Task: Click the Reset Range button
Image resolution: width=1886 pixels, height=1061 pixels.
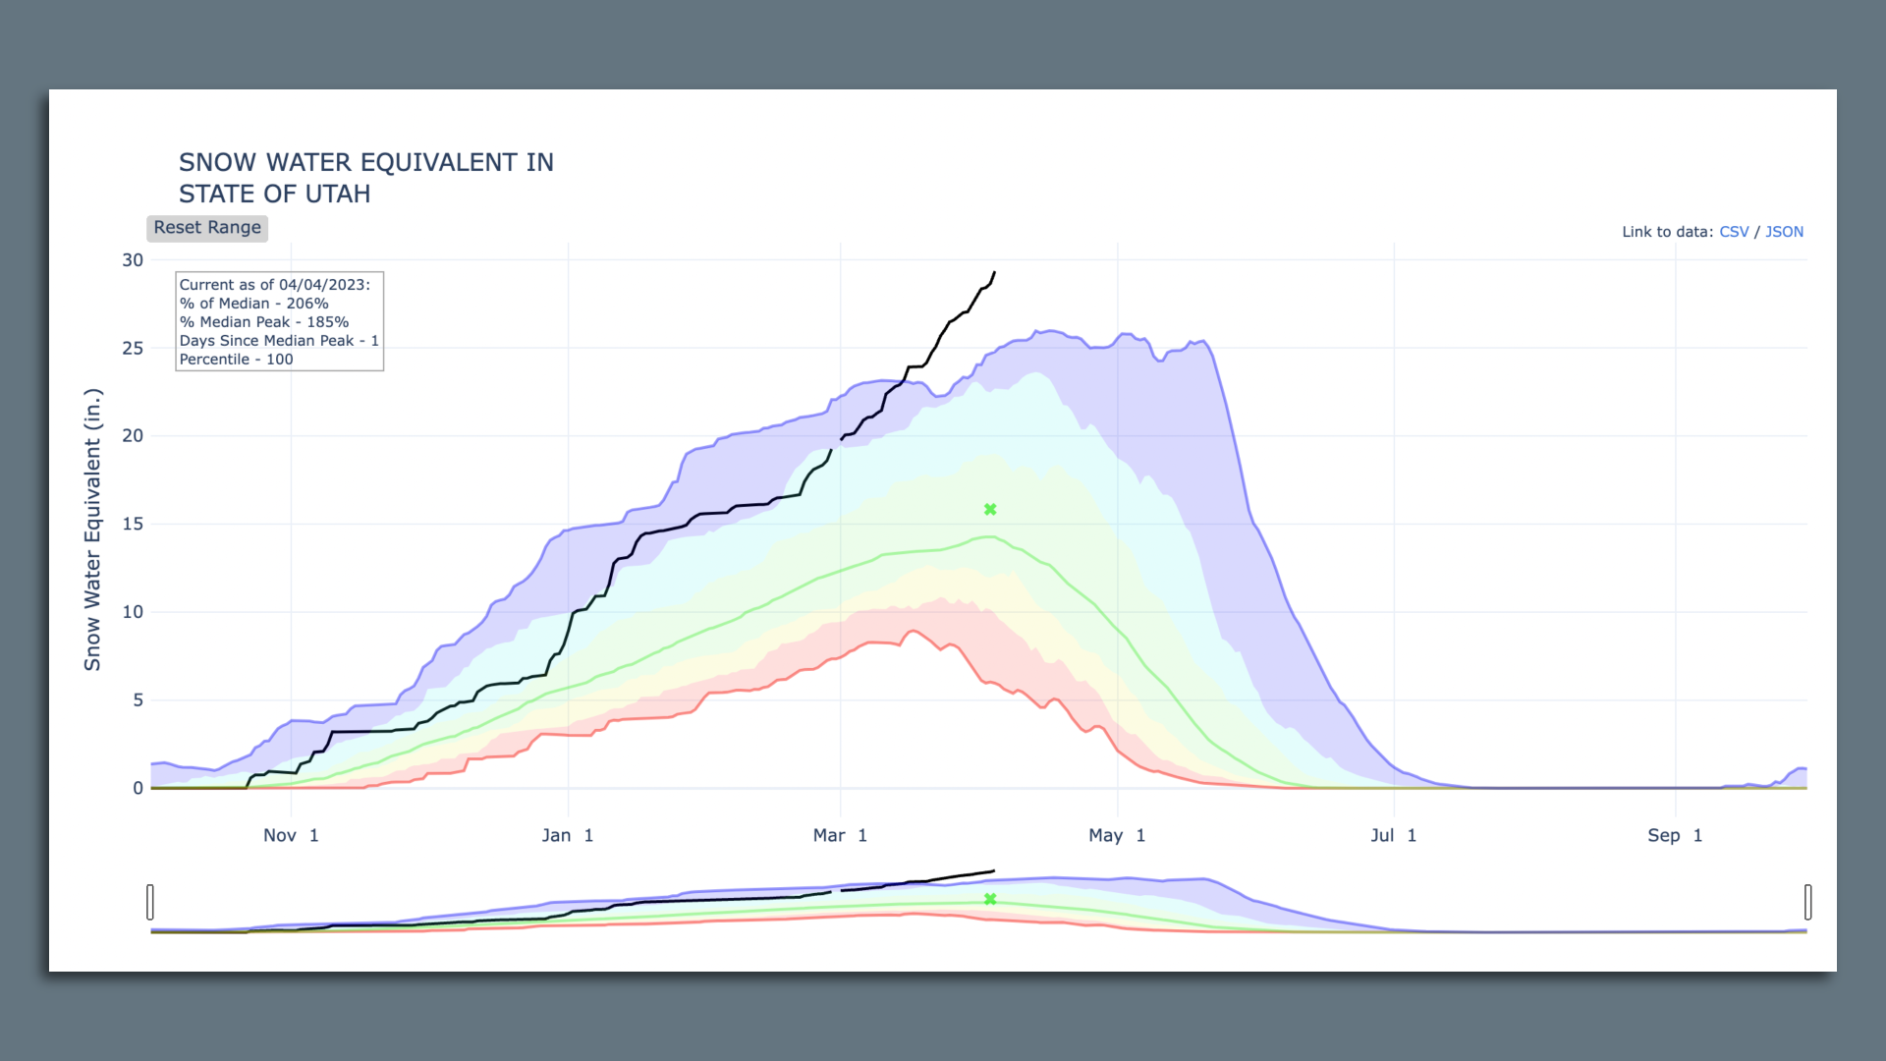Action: pos(207,228)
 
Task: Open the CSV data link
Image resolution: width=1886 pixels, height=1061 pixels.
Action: pos(1734,232)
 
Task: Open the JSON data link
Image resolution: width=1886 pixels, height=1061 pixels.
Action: pos(1784,232)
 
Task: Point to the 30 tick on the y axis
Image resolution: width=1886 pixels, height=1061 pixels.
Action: pos(133,260)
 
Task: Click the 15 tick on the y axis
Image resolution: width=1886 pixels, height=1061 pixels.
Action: pos(133,524)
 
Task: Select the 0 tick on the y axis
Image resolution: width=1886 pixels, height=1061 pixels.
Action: pos(138,788)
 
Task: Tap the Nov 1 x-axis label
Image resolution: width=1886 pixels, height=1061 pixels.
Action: pos(291,835)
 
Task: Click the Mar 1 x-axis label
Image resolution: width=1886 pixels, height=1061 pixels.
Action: pos(840,835)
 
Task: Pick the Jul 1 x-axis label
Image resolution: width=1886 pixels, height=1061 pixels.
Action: pos(1393,835)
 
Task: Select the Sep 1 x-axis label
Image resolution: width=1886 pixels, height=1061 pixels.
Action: pos(1675,835)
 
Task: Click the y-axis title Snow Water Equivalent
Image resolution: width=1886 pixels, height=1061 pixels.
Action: pos(92,530)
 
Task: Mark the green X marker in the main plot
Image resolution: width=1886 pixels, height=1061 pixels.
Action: pos(990,509)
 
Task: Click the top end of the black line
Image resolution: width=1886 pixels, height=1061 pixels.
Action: pos(995,273)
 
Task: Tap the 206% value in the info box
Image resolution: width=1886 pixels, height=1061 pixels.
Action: pos(307,304)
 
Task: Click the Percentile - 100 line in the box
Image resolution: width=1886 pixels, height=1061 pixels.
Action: pos(237,360)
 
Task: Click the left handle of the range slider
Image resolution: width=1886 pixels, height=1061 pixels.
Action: pos(150,902)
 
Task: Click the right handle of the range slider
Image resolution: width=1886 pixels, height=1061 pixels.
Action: pos(1807,902)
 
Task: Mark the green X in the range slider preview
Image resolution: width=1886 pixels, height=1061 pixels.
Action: pos(990,899)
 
